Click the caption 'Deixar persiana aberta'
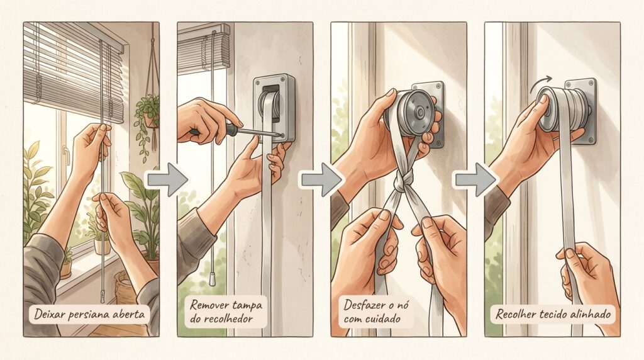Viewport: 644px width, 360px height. pyautogui.click(x=89, y=315)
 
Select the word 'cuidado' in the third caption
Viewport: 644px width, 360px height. pyautogui.click(x=382, y=318)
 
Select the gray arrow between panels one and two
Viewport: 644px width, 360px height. pyautogui.click(x=167, y=180)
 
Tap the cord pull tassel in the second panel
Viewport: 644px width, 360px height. pyautogui.click(x=213, y=279)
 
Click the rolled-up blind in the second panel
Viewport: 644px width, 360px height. pyautogui.click(x=204, y=48)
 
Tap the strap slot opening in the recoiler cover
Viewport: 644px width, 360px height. pyautogui.click(x=270, y=103)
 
